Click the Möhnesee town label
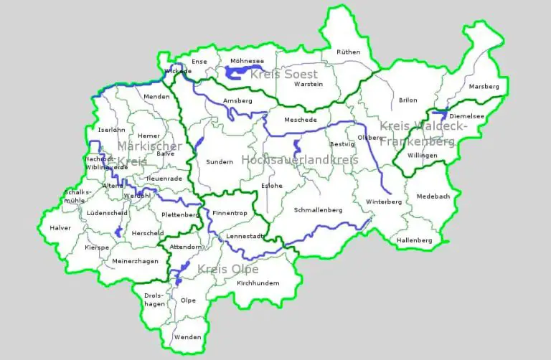click(x=246, y=62)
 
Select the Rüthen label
click(x=349, y=52)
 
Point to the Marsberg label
click(x=483, y=86)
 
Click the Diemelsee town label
click(x=466, y=115)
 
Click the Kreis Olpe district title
click(x=227, y=269)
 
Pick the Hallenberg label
click(x=414, y=240)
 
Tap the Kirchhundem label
click(x=258, y=283)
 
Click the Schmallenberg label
click(x=318, y=210)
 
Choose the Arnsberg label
click(x=237, y=100)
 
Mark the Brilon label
click(x=408, y=100)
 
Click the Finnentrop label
click(x=229, y=214)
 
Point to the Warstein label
click(x=309, y=84)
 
